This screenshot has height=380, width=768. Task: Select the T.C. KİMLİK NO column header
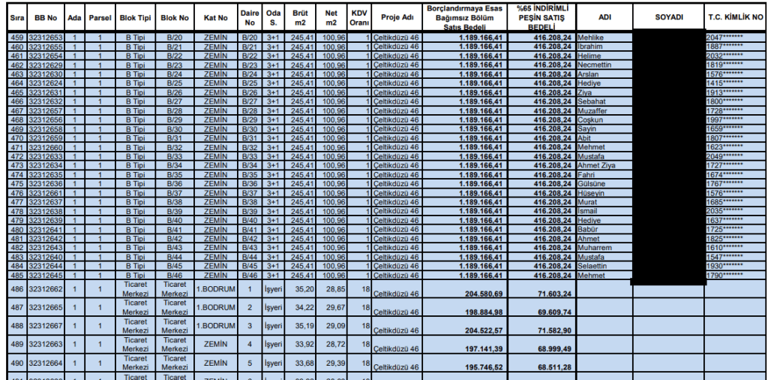(x=735, y=17)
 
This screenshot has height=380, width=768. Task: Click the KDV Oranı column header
(x=359, y=17)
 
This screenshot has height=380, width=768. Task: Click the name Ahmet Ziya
(x=597, y=165)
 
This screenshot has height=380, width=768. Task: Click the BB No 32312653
(x=45, y=37)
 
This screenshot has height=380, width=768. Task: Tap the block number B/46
(x=175, y=275)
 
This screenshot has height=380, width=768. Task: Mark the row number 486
(x=16, y=288)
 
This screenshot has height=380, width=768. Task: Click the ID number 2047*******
(x=724, y=37)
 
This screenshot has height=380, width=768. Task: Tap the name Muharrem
(x=595, y=248)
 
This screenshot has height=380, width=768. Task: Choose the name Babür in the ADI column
(x=589, y=230)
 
